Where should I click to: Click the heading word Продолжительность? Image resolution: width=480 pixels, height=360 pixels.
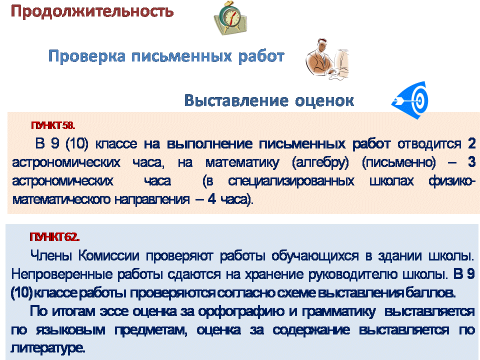coord(92,11)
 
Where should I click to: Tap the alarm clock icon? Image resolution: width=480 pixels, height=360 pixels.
coord(230,18)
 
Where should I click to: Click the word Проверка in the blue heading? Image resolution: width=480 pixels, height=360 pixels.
coord(87,56)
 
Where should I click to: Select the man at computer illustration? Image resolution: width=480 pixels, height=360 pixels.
coord(327,59)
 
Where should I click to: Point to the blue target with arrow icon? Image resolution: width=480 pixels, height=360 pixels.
coord(410,100)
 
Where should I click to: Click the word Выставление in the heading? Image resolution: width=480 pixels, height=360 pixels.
coord(236,100)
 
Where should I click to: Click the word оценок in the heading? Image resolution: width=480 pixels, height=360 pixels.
coord(324,101)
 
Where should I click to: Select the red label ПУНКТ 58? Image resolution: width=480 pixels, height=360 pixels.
coord(53,125)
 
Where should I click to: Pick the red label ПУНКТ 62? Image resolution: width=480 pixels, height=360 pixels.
coord(54,237)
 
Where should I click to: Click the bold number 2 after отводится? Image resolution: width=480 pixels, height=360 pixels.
coord(471,143)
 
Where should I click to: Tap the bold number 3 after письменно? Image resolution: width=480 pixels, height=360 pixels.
coord(471,161)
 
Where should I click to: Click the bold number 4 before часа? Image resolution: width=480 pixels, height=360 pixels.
coord(212,199)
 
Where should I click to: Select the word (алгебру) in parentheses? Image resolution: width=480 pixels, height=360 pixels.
coord(320,162)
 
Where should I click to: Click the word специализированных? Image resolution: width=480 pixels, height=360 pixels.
coord(291,181)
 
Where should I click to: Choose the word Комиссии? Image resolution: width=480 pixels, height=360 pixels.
coord(108,255)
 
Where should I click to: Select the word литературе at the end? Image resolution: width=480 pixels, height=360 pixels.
coord(48,348)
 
